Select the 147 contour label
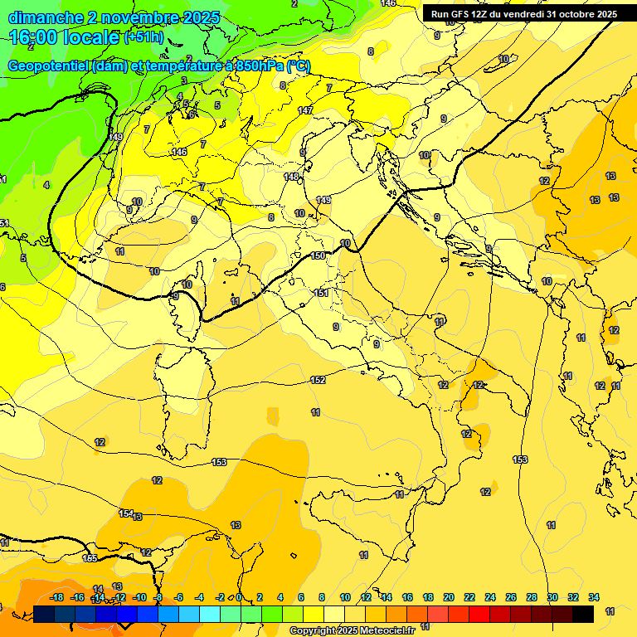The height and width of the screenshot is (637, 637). pos(305,110)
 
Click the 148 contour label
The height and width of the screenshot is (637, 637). pos(291,177)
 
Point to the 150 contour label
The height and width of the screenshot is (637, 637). pos(318,256)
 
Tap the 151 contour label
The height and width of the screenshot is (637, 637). pos(321,293)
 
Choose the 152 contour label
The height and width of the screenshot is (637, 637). pos(318,380)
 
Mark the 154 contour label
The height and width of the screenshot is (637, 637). pos(126,513)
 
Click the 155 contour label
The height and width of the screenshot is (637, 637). pos(90,558)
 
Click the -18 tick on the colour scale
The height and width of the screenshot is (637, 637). pos(57,597)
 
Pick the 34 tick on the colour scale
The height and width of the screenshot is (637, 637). pos(594,597)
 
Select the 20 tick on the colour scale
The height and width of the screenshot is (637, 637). pos(449,597)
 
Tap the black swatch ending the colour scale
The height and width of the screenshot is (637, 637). pos(583,614)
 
